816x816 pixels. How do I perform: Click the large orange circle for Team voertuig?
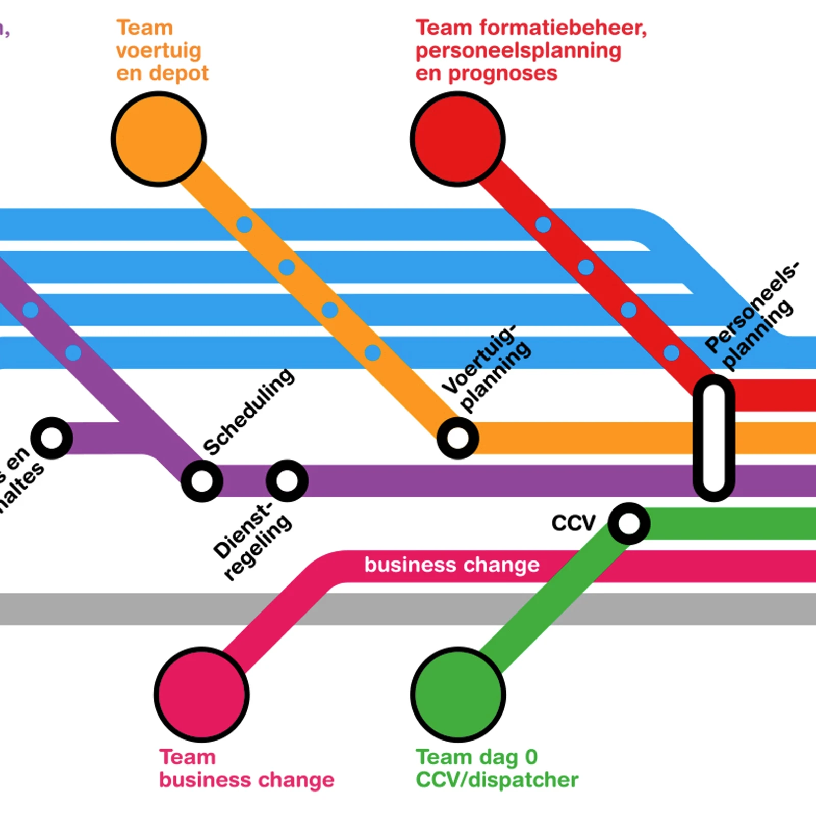pos(159,139)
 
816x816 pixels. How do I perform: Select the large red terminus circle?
pos(457,139)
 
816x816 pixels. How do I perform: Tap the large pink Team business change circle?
pos(201,694)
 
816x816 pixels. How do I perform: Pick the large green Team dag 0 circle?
pos(457,694)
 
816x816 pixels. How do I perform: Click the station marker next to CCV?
pos(629,523)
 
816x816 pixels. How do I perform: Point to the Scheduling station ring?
pos(202,481)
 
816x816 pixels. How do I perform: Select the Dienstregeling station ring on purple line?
pos(287,480)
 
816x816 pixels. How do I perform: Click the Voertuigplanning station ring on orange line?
pos(457,438)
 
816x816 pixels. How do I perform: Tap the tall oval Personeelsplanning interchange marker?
pos(713,438)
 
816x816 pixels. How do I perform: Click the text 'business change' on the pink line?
pos(452,565)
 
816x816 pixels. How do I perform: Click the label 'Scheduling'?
pos(248,411)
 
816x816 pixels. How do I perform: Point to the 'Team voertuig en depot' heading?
pos(162,50)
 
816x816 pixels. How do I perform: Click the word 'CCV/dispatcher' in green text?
pos(497,780)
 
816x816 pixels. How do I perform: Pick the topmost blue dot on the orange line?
pos(244,224)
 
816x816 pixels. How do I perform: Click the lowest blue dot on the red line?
pos(671,352)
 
